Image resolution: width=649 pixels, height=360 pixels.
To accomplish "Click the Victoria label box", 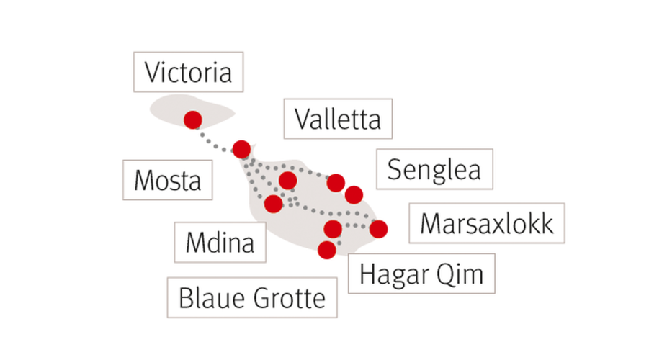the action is click(x=188, y=72).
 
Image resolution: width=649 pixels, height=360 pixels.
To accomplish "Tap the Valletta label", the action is click(x=338, y=119).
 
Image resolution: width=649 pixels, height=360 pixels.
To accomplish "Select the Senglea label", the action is click(x=434, y=168).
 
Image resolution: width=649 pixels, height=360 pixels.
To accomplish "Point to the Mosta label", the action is click(x=168, y=180).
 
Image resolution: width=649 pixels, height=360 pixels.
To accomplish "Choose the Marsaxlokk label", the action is click(x=487, y=223).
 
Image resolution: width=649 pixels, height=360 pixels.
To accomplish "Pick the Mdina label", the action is click(x=220, y=242).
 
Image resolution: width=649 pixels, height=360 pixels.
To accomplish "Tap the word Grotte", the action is click(x=290, y=298).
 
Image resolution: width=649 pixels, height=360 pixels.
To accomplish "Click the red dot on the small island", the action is click(x=193, y=120).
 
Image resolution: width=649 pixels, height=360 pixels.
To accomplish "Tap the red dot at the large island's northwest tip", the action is click(x=241, y=149).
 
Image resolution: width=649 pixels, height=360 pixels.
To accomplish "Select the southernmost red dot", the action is click(x=326, y=250).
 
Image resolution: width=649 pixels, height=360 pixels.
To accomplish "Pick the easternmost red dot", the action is click(x=378, y=229).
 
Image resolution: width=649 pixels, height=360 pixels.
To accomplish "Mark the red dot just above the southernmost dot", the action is click(x=333, y=228).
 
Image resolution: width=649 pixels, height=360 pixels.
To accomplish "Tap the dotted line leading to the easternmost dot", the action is click(x=355, y=226).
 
